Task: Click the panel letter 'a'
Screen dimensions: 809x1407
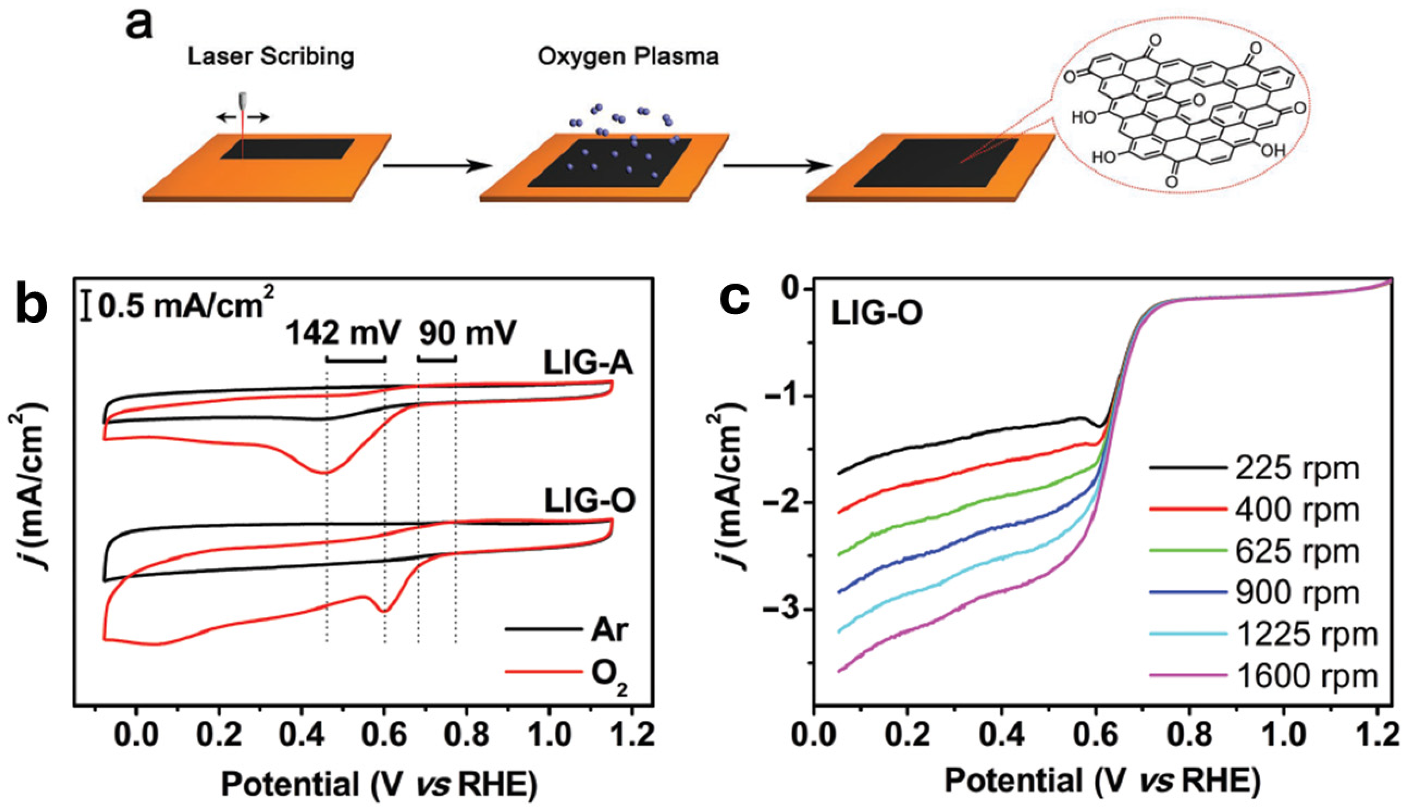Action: pyautogui.click(x=139, y=25)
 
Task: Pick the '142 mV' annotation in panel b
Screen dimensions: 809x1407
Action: pyautogui.click(x=343, y=334)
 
